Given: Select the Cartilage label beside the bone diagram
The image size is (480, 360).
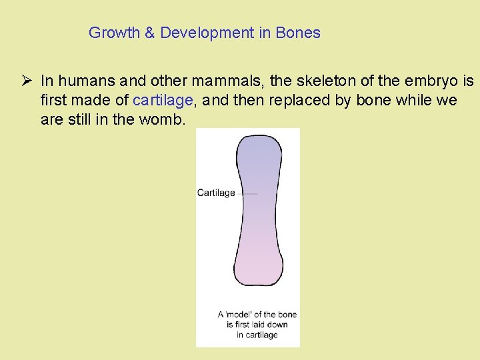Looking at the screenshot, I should tap(216, 193).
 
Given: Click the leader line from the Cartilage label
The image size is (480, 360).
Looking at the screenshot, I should tap(247, 193).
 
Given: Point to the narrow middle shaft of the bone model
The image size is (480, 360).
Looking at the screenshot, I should tap(258, 213).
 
